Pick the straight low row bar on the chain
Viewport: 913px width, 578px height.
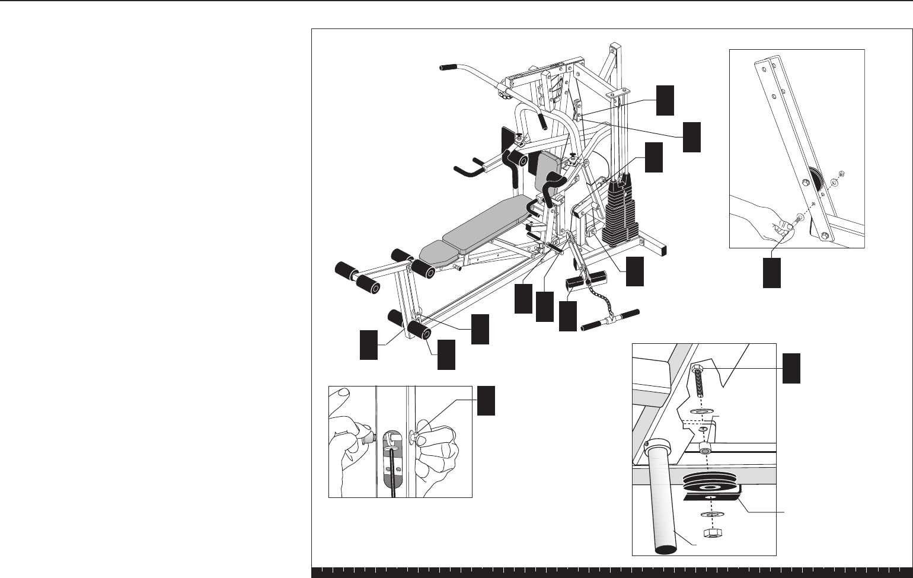point(611,320)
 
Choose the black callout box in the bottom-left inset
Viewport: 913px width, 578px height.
point(487,400)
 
